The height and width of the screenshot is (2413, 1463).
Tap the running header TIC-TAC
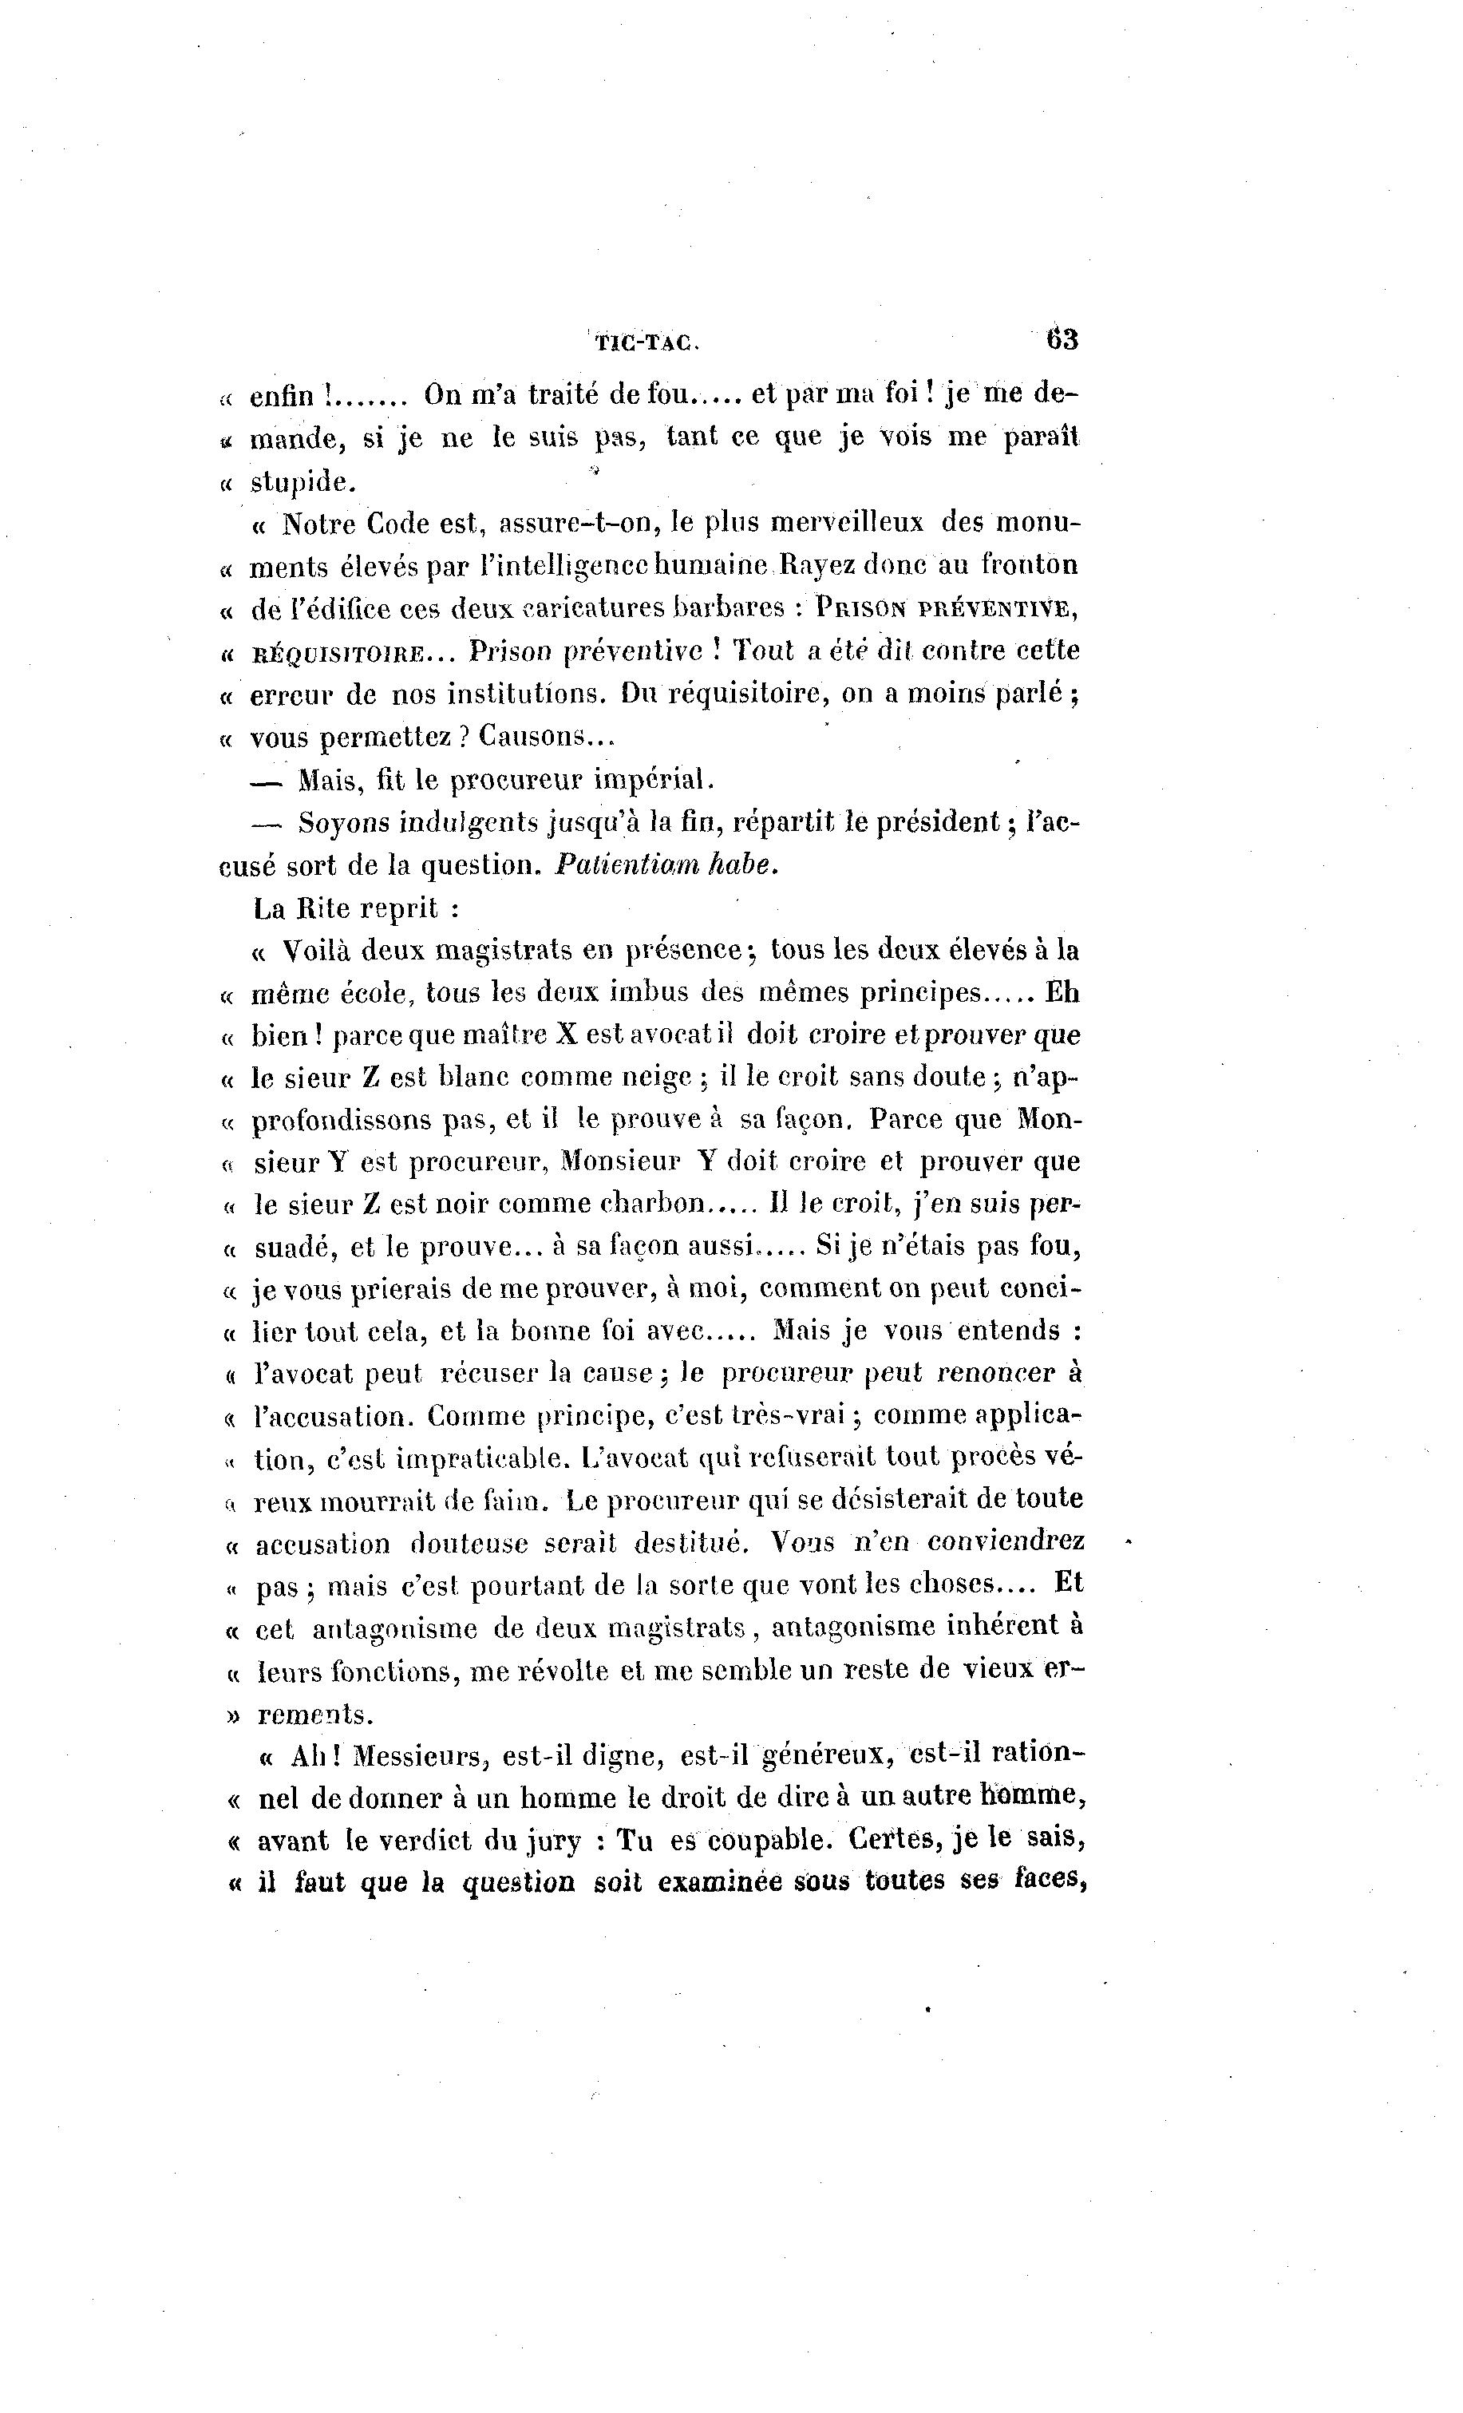coord(644,342)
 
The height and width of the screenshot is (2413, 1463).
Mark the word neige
coord(658,1078)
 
